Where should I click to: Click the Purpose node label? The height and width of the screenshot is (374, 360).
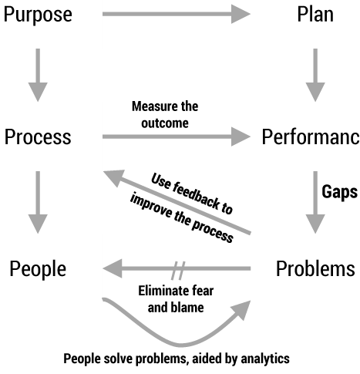click(x=38, y=15)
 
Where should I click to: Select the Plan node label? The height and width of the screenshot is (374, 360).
click(x=315, y=14)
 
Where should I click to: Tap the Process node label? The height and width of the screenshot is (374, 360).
click(x=38, y=136)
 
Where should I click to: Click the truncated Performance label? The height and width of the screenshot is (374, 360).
click(x=311, y=136)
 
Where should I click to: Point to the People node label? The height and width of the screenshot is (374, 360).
click(x=38, y=269)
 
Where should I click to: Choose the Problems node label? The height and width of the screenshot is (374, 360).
click(x=315, y=268)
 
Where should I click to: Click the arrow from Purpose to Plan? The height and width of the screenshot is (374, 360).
click(x=177, y=14)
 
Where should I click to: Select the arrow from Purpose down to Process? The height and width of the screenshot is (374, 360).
click(x=38, y=75)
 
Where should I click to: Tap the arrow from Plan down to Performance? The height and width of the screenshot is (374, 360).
click(x=315, y=75)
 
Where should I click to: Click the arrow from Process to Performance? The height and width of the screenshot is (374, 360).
click(x=177, y=136)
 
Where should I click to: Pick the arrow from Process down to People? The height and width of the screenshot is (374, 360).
click(x=38, y=202)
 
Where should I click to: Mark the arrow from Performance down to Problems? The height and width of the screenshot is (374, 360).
click(x=315, y=202)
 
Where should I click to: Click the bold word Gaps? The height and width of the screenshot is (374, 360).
click(x=340, y=192)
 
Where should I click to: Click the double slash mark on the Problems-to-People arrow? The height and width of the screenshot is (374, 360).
click(x=178, y=271)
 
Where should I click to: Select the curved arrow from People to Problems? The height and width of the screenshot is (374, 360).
click(x=180, y=345)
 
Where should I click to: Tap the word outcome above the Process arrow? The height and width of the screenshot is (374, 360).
click(x=165, y=123)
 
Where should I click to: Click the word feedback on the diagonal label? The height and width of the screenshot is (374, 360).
click(x=197, y=195)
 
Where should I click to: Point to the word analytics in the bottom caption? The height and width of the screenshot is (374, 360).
click(x=265, y=359)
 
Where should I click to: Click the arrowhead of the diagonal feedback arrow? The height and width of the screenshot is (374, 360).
click(x=113, y=177)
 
